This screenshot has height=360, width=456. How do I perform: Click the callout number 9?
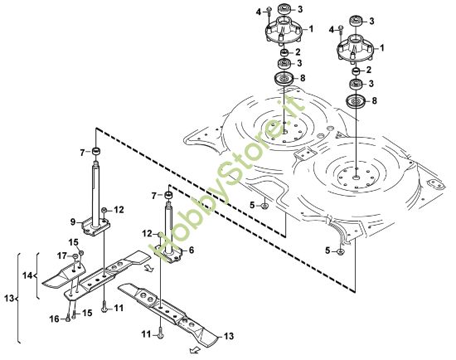click(x=74, y=221)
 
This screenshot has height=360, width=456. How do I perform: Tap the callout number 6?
click(x=192, y=250)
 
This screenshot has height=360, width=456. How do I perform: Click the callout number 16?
click(x=55, y=318)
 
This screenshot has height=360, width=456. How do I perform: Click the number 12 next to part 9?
click(x=119, y=209)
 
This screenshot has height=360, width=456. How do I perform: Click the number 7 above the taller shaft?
click(x=82, y=152)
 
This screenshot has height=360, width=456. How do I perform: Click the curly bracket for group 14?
click(x=37, y=275)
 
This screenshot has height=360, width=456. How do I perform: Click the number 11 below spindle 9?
click(x=119, y=309)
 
